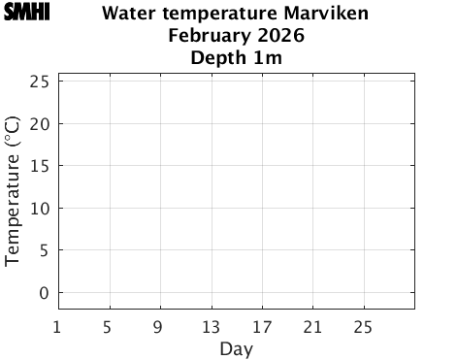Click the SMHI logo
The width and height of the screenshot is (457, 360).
pyautogui.click(x=26, y=13)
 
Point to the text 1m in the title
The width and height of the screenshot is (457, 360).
pyautogui.click(x=269, y=59)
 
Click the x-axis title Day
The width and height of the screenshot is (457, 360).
pyautogui.click(x=236, y=348)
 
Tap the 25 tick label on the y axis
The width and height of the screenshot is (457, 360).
pyautogui.click(x=40, y=82)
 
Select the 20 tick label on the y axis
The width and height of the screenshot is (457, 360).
pyautogui.click(x=40, y=124)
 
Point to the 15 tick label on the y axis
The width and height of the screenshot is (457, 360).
pyautogui.click(x=40, y=166)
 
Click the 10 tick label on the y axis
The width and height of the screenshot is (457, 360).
pyautogui.click(x=40, y=209)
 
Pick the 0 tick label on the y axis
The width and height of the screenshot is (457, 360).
pyautogui.click(x=45, y=293)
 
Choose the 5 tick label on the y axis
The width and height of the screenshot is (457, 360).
pyautogui.click(x=45, y=250)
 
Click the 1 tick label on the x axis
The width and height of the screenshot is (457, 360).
pyautogui.click(x=58, y=326)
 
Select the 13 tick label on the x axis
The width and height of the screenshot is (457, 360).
pyautogui.click(x=211, y=326)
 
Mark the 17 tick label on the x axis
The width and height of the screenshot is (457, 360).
pyautogui.click(x=262, y=326)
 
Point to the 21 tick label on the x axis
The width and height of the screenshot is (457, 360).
pyautogui.click(x=312, y=326)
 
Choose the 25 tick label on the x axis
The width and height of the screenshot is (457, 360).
pyautogui.click(x=364, y=326)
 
